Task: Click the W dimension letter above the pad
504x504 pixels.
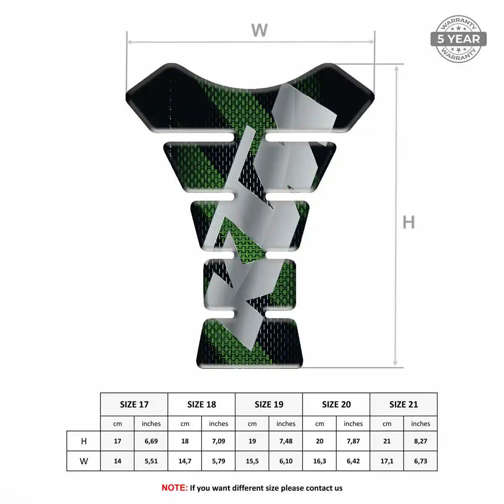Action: pyautogui.click(x=259, y=30)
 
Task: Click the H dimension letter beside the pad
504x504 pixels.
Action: pyautogui.click(x=409, y=222)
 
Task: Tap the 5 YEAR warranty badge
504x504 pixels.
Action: pyautogui.click(x=458, y=39)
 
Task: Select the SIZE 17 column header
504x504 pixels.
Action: pyautogui.click(x=134, y=404)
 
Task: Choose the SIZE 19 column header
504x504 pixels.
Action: pyautogui.click(x=269, y=404)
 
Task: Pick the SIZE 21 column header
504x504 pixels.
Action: pyautogui.click(x=404, y=404)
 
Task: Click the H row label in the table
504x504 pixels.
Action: pyautogui.click(x=84, y=441)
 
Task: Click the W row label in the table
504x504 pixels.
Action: pyautogui.click(x=84, y=461)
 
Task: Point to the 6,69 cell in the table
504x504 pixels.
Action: pyautogui.click(x=151, y=441)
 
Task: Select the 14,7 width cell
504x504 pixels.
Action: pyautogui.click(x=185, y=461)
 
